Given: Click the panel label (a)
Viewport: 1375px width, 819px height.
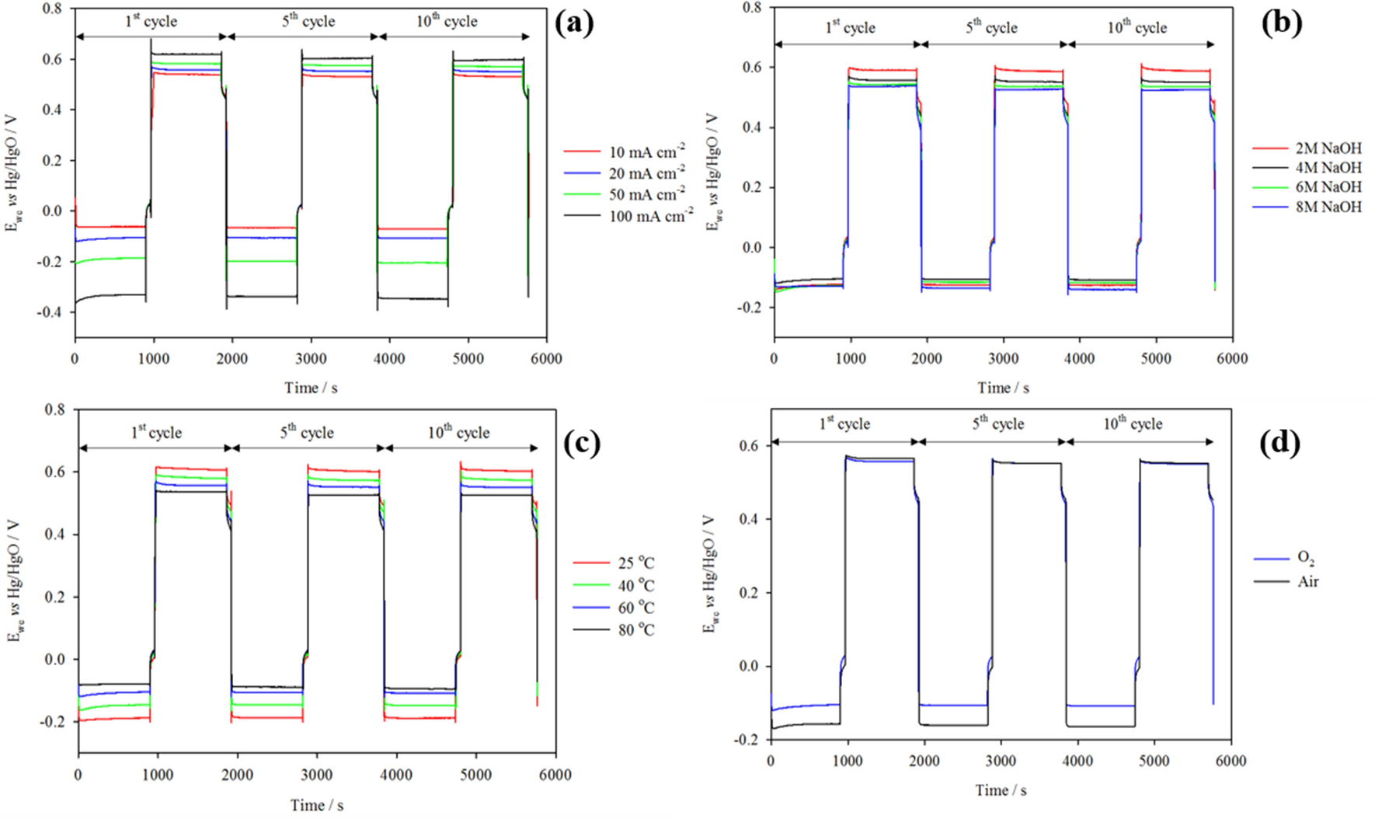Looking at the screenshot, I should pos(575,24).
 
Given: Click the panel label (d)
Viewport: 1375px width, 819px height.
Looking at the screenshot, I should pos(1279,442).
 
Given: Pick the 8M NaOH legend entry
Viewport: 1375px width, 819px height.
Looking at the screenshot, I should pos(1328,207).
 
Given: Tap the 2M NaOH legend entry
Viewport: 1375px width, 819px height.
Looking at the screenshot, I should pos(1328,148).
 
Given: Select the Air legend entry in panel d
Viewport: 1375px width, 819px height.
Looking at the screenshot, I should pos(1307,581).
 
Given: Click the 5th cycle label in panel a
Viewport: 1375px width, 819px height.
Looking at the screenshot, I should pos(308,21).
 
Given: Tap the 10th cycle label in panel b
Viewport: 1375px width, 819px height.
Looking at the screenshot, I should pos(1137,27).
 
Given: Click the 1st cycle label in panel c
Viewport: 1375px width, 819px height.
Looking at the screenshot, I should pos(155,432).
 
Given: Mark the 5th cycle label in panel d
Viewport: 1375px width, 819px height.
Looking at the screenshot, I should pos(997,423).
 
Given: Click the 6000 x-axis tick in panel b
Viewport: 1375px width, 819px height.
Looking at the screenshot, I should pos(1232,358).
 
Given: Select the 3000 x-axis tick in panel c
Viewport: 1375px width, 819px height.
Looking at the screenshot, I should pos(317,775).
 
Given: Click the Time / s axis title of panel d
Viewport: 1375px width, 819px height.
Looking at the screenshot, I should pos(1001,790).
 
